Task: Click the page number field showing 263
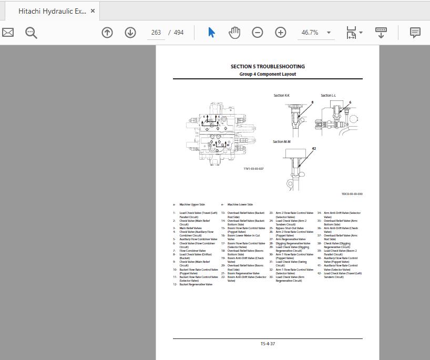pos(156,33)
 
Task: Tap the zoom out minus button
pos(257,33)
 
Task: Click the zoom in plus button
pos(281,33)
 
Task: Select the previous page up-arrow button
pos(107,33)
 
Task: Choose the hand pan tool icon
pos(234,33)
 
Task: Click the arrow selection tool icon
pos(211,33)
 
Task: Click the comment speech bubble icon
pos(415,33)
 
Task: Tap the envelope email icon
pos(8,33)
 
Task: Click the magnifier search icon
pos(31,33)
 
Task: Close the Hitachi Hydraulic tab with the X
pos(93,11)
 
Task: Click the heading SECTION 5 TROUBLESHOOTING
pos(268,67)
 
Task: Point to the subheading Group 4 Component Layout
pos(268,75)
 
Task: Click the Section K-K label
pos(282,96)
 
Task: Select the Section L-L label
pos(329,96)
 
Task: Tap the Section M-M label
pos(282,142)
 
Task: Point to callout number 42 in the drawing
pos(314,149)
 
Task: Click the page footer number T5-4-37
pos(268,344)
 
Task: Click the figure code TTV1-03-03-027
pos(253,169)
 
